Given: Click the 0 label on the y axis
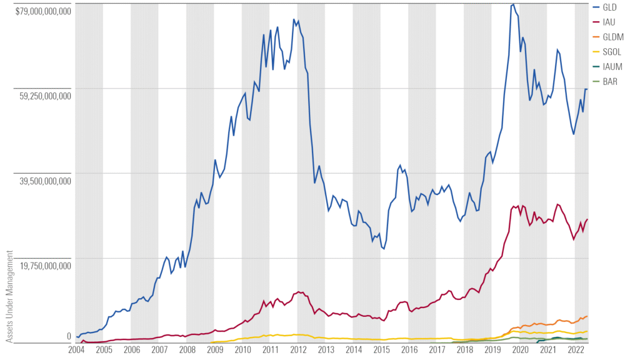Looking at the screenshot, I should pyautogui.click(x=69, y=336).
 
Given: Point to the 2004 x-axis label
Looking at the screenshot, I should pyautogui.click(x=76, y=351).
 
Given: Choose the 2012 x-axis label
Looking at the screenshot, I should pyautogui.click(x=298, y=351).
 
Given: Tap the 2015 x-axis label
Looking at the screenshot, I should pyautogui.click(x=381, y=351).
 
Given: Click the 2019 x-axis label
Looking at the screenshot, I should pyautogui.click(x=492, y=351).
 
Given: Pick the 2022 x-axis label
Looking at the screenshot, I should pyautogui.click(x=575, y=351).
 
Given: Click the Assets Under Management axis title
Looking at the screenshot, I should pyautogui.click(x=9, y=296).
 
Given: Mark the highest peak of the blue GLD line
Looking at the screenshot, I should pyautogui.click(x=513, y=4).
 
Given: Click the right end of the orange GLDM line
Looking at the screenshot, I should pyautogui.click(x=587, y=316).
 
